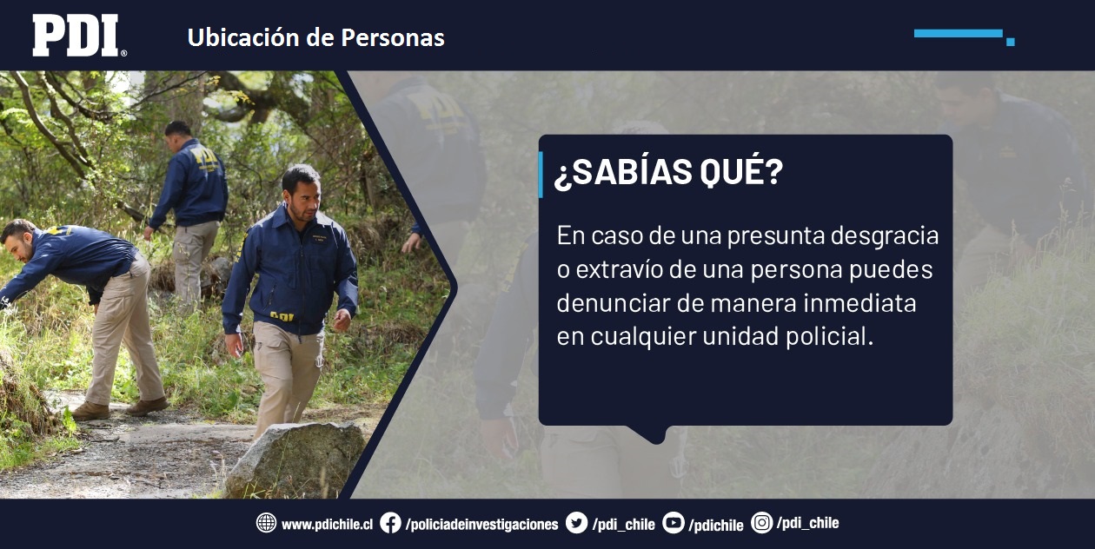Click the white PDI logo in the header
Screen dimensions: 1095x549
point(79,35)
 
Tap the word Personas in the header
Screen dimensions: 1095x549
point(393,37)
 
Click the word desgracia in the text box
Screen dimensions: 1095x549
point(885,237)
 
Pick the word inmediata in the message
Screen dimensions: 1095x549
point(859,303)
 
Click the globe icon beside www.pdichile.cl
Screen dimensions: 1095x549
point(267,523)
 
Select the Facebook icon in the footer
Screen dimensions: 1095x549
point(390,523)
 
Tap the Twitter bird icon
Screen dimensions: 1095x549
point(576,523)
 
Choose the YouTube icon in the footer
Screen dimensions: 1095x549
point(674,523)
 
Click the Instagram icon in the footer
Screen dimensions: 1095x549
point(761,523)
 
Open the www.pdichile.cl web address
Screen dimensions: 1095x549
point(327,525)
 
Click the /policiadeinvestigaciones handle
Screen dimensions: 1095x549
point(482,525)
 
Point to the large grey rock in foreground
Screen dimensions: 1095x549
point(296,460)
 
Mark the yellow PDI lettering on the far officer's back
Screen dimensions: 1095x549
point(204,157)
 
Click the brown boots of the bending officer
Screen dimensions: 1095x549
point(120,409)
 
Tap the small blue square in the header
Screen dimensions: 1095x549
point(1011,42)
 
